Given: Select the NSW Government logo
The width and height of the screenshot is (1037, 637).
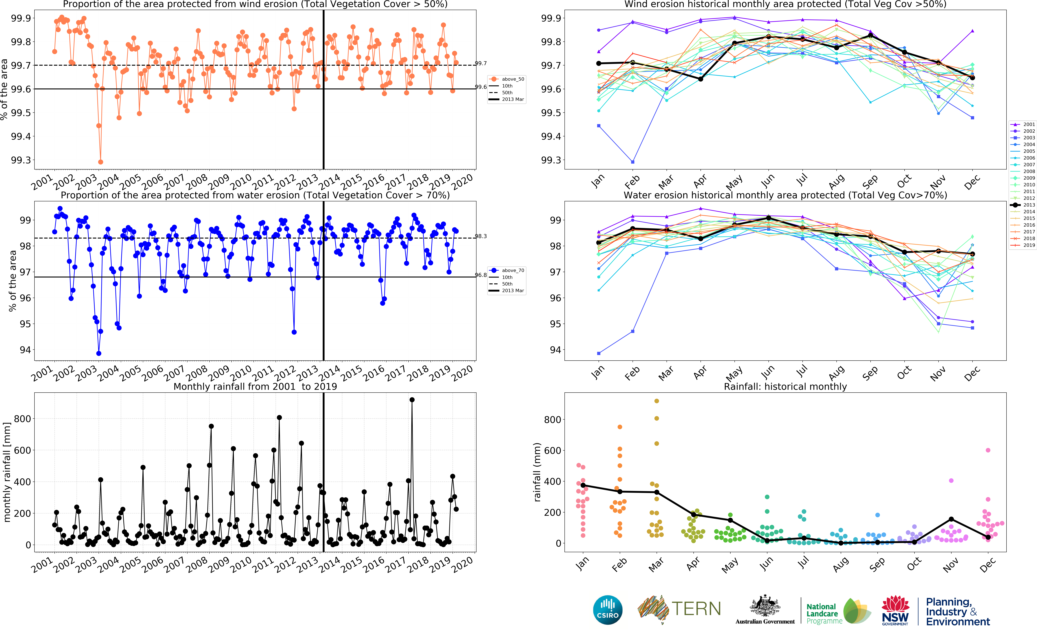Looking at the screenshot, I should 895,610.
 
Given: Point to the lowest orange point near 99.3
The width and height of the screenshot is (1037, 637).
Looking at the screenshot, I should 100,162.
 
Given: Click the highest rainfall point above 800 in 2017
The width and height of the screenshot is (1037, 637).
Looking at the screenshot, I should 412,400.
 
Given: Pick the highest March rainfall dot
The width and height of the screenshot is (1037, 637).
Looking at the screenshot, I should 656,401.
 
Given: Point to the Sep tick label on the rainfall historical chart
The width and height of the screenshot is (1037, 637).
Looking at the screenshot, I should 877,565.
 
